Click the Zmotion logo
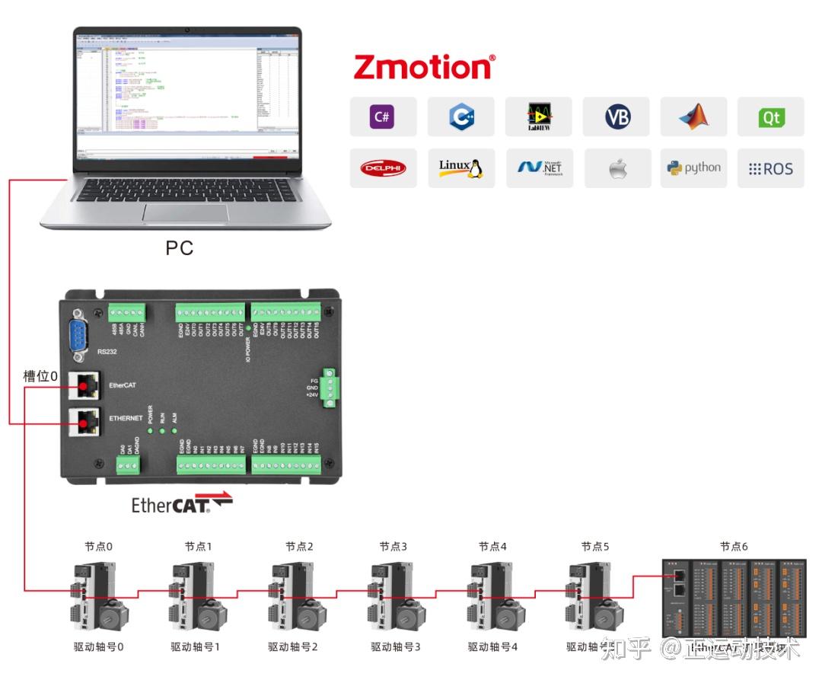click(x=424, y=67)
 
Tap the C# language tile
click(x=383, y=117)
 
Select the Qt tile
click(x=770, y=117)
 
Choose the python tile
click(x=693, y=168)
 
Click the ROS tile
click(x=770, y=168)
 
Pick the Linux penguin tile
click(x=461, y=168)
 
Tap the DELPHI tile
click(x=383, y=168)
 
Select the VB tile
click(x=617, y=117)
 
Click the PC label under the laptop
click(x=180, y=248)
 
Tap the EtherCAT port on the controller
click(x=83, y=386)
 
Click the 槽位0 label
click(x=40, y=376)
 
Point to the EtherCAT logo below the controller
click(x=181, y=504)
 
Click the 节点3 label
click(x=393, y=547)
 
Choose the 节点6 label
click(x=734, y=547)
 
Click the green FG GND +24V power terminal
click(x=331, y=388)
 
